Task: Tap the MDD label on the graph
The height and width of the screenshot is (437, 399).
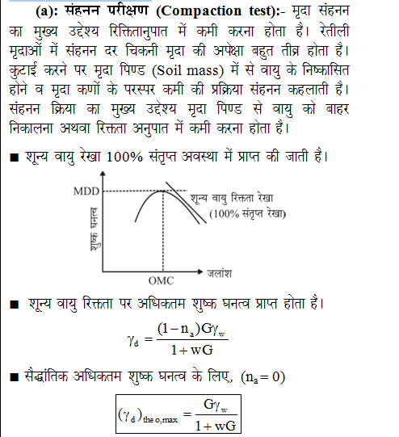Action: tap(84, 191)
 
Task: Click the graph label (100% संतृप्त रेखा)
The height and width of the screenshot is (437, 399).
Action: tap(247, 214)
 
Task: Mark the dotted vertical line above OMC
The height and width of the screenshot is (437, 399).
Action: tap(161, 234)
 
